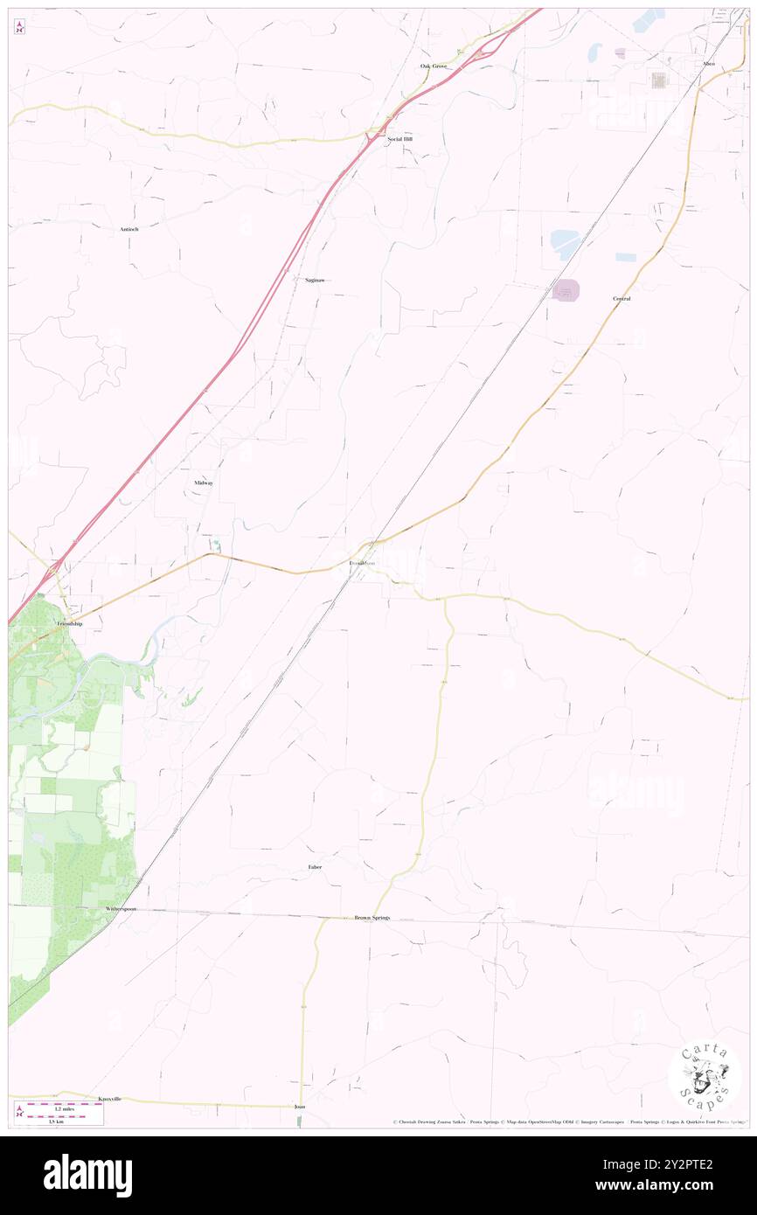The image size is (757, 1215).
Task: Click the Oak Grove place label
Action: point(433,66)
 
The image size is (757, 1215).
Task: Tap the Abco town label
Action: point(708,64)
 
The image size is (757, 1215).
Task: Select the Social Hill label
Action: point(399,139)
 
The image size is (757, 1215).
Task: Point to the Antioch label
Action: point(129,229)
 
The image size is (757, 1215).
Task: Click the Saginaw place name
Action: point(315,280)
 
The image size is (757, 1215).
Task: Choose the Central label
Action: point(622,299)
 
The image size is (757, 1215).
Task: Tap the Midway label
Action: point(204,483)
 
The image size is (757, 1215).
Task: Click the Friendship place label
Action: point(70,624)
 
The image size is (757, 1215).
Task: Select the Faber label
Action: point(315,867)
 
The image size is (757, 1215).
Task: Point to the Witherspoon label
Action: point(122,909)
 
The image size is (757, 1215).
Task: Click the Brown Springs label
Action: point(372,918)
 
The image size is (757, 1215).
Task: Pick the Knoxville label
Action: point(109,1098)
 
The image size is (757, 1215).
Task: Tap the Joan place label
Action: point(300,1107)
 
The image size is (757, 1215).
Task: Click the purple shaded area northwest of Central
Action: point(566,289)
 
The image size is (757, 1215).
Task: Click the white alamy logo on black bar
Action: point(87,1176)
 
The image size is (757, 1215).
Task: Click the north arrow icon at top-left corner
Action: point(20,28)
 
